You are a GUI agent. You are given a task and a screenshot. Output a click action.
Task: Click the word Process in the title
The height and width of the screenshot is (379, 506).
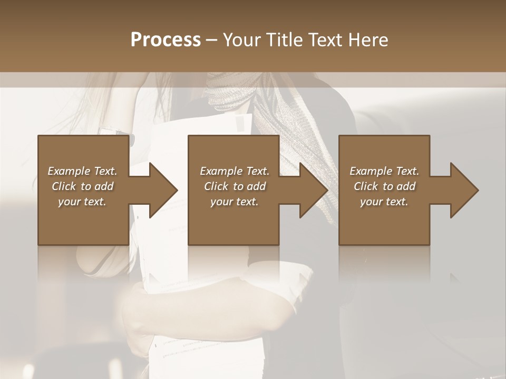click(166, 40)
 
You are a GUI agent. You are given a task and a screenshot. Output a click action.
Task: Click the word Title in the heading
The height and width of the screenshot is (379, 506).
click(283, 40)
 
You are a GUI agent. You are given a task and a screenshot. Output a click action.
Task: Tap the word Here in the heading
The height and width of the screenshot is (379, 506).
click(368, 40)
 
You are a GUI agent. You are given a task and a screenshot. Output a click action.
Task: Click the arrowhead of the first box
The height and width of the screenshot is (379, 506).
click(161, 190)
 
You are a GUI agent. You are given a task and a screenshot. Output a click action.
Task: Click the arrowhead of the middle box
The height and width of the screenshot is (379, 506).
click(311, 190)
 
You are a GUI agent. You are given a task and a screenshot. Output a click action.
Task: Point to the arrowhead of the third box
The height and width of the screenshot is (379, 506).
click(462, 190)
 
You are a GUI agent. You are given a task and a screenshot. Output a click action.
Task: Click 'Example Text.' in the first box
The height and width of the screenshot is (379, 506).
click(82, 171)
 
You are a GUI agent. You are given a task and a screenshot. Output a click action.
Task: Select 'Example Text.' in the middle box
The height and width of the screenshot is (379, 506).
click(234, 171)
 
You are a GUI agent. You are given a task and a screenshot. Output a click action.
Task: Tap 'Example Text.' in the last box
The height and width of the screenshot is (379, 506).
click(384, 171)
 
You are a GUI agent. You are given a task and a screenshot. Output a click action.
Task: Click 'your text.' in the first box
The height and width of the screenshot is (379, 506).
click(82, 202)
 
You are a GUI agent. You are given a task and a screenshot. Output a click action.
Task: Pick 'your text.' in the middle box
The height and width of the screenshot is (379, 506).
click(234, 202)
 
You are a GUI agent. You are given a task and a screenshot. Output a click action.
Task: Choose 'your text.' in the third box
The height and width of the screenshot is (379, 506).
click(384, 202)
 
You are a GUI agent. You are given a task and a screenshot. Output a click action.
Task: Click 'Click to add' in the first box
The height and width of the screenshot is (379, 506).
click(82, 186)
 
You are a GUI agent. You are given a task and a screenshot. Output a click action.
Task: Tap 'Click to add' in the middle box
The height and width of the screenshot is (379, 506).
click(234, 186)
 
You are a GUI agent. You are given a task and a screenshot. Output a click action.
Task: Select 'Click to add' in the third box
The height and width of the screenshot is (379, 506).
click(384, 186)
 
